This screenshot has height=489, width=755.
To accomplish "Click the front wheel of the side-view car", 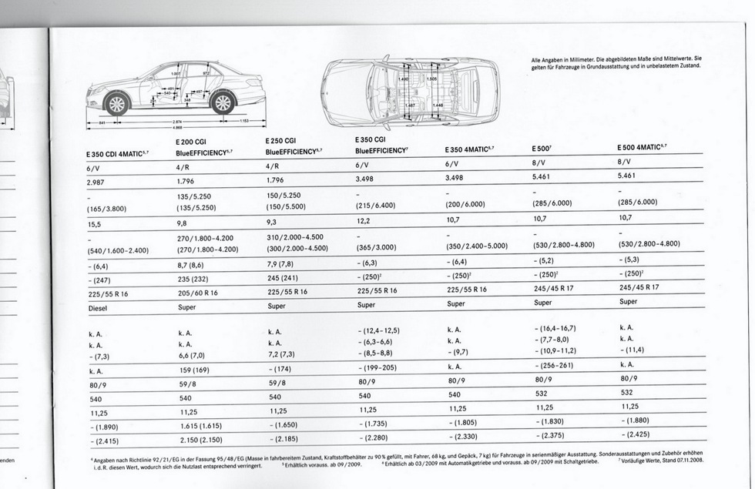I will point(116,103).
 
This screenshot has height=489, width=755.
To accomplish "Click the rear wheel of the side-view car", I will point(223,102).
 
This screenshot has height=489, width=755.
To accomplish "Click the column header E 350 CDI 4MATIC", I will point(117,154).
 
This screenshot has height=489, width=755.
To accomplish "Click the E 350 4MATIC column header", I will point(469,149).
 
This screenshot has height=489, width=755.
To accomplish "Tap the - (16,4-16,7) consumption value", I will point(555,328).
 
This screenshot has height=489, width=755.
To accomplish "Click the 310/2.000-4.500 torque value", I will point(295,237).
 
